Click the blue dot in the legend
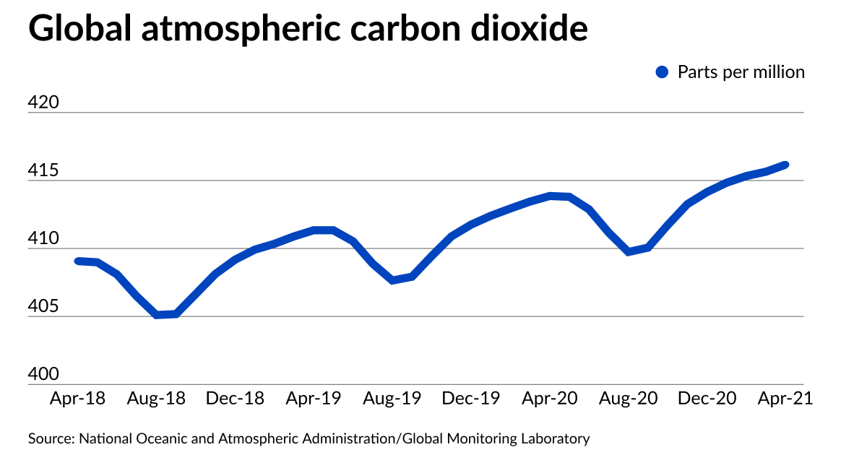click(662, 72)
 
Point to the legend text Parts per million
click(741, 72)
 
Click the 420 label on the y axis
click(43, 103)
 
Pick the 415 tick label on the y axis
click(43, 171)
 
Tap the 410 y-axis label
click(43, 239)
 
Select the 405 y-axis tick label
click(43, 307)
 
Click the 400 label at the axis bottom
click(43, 375)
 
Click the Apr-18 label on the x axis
click(77, 399)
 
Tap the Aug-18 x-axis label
click(157, 399)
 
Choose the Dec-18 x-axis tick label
click(236, 399)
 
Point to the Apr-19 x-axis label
click(314, 399)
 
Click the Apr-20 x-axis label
click(550, 399)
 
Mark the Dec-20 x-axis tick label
click(708, 399)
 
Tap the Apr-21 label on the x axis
click(785, 399)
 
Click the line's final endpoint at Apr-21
click(785, 165)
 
